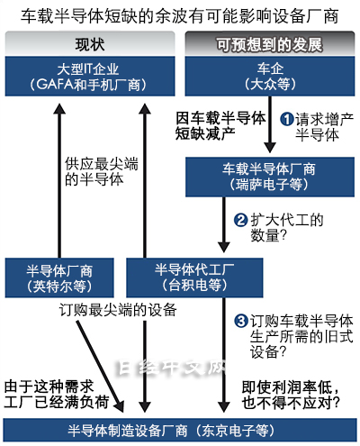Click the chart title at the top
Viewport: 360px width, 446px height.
coord(180,15)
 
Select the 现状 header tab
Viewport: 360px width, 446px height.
coord(90,43)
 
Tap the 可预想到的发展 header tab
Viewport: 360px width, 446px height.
coord(270,43)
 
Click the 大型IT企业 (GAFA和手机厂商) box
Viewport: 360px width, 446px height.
coord(90,77)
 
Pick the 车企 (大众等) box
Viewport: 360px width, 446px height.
coord(270,77)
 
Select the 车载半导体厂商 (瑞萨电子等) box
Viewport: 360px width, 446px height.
coord(270,177)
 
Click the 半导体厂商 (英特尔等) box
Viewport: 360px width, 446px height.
coord(59,278)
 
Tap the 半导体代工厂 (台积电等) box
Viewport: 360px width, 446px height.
coord(194,278)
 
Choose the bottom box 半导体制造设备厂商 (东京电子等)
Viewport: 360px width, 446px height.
coord(180,431)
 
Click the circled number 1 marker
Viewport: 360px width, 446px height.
coord(287,119)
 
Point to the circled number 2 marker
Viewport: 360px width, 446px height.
coord(240,220)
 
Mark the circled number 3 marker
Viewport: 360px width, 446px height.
coord(240,321)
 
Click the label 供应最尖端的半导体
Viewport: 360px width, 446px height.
coord(102,171)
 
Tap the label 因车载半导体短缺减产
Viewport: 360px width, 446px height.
coord(220,125)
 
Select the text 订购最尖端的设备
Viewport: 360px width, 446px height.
coord(118,310)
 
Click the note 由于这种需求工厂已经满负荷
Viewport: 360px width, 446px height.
coord(57,394)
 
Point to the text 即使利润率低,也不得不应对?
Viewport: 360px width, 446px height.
coord(291,395)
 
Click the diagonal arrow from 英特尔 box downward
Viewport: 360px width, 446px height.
coord(100,366)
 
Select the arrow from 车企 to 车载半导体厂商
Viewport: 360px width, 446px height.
coord(270,124)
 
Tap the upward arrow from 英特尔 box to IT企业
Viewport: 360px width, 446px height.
coord(59,180)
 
